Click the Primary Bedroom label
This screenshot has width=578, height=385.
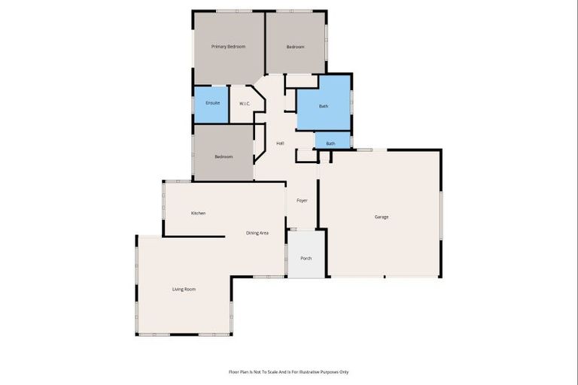coord(229,47)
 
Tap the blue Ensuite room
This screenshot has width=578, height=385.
coord(212,104)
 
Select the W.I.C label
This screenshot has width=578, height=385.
coord(245,103)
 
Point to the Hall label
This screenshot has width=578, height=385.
coord(280,143)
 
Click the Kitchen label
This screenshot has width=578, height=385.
coord(198,213)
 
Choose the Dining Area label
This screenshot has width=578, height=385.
coord(257,233)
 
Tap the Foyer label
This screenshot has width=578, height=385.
coord(302,200)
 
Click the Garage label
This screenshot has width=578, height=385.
coord(382,217)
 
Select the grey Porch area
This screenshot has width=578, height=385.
coord(306,258)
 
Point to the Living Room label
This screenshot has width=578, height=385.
coord(184,289)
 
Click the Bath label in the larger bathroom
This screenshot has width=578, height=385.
coord(324,106)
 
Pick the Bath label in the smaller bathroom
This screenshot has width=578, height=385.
coord(330,143)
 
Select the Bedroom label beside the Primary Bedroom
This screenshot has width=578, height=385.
coord(295,47)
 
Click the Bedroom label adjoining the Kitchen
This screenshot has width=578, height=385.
coord(224,156)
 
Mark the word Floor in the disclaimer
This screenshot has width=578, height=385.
coord(233,371)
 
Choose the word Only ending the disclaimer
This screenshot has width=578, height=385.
coord(343,371)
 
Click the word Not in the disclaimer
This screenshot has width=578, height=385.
coord(255,371)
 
